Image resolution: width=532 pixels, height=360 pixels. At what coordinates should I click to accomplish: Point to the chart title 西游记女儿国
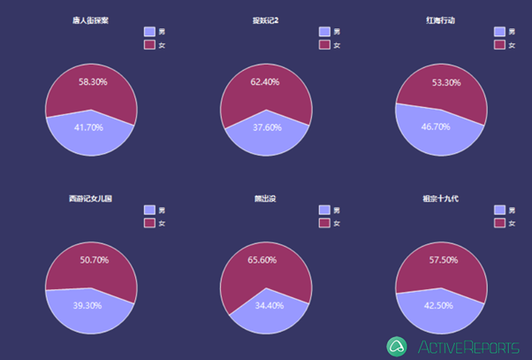[x=91, y=198]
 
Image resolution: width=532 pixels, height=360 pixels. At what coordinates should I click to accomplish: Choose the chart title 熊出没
[x=267, y=198]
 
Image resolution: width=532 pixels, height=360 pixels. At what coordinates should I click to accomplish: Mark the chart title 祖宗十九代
[x=442, y=198]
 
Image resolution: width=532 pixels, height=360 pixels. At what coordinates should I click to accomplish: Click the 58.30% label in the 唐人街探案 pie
[x=93, y=81]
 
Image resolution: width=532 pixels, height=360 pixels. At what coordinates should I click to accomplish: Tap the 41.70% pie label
[x=88, y=127]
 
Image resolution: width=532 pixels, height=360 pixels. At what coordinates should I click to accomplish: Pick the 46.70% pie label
[x=436, y=126]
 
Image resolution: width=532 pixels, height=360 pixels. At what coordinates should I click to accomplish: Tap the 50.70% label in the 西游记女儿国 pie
[x=94, y=260]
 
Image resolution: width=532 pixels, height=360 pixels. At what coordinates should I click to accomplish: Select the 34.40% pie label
[x=270, y=305]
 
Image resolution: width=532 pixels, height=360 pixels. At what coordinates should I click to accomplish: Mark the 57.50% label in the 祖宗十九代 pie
[x=443, y=261]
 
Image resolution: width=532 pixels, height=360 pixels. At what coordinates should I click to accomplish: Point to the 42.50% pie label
[x=439, y=306]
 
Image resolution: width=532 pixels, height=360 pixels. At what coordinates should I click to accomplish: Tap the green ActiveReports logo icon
[x=397, y=346]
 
